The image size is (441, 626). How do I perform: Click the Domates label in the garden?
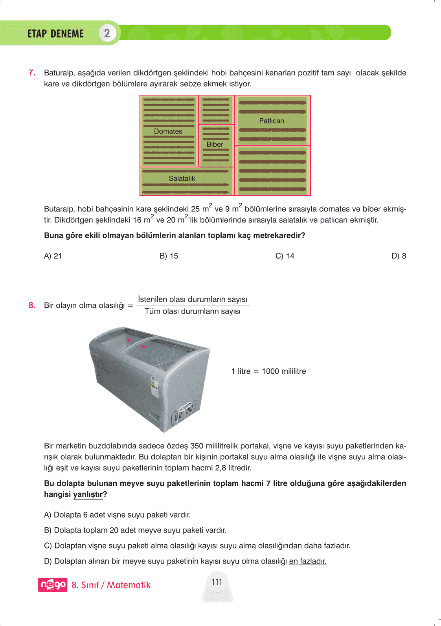coord(168,131)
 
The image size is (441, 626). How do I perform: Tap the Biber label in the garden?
coord(215,144)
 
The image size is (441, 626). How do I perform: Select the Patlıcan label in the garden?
coord(271,121)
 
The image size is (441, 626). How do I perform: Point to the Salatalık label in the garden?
coord(182,178)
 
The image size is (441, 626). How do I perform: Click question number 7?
coord(32,73)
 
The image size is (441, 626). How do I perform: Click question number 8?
coord(32,305)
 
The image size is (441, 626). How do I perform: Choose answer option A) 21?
coord(53,256)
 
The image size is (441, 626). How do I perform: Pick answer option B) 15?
coord(169,256)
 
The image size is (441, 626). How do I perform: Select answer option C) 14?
coord(285,256)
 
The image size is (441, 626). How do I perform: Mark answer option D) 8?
coord(399,256)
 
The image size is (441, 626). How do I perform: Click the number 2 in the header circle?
coord(107,33)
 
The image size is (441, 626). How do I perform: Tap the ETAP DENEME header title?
coord(55,34)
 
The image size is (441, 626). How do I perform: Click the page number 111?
coord(217,582)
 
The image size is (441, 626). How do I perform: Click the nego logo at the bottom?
coord(53,585)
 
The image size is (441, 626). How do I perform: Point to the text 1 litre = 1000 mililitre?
coord(268,371)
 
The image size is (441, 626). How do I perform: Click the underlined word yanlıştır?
coord(88,494)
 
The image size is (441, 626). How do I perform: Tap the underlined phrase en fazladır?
coord(308,561)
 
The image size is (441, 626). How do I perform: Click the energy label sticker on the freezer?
coord(155,387)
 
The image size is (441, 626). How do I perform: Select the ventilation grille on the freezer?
coord(184,412)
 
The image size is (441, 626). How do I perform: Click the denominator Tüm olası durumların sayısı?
coord(193,311)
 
